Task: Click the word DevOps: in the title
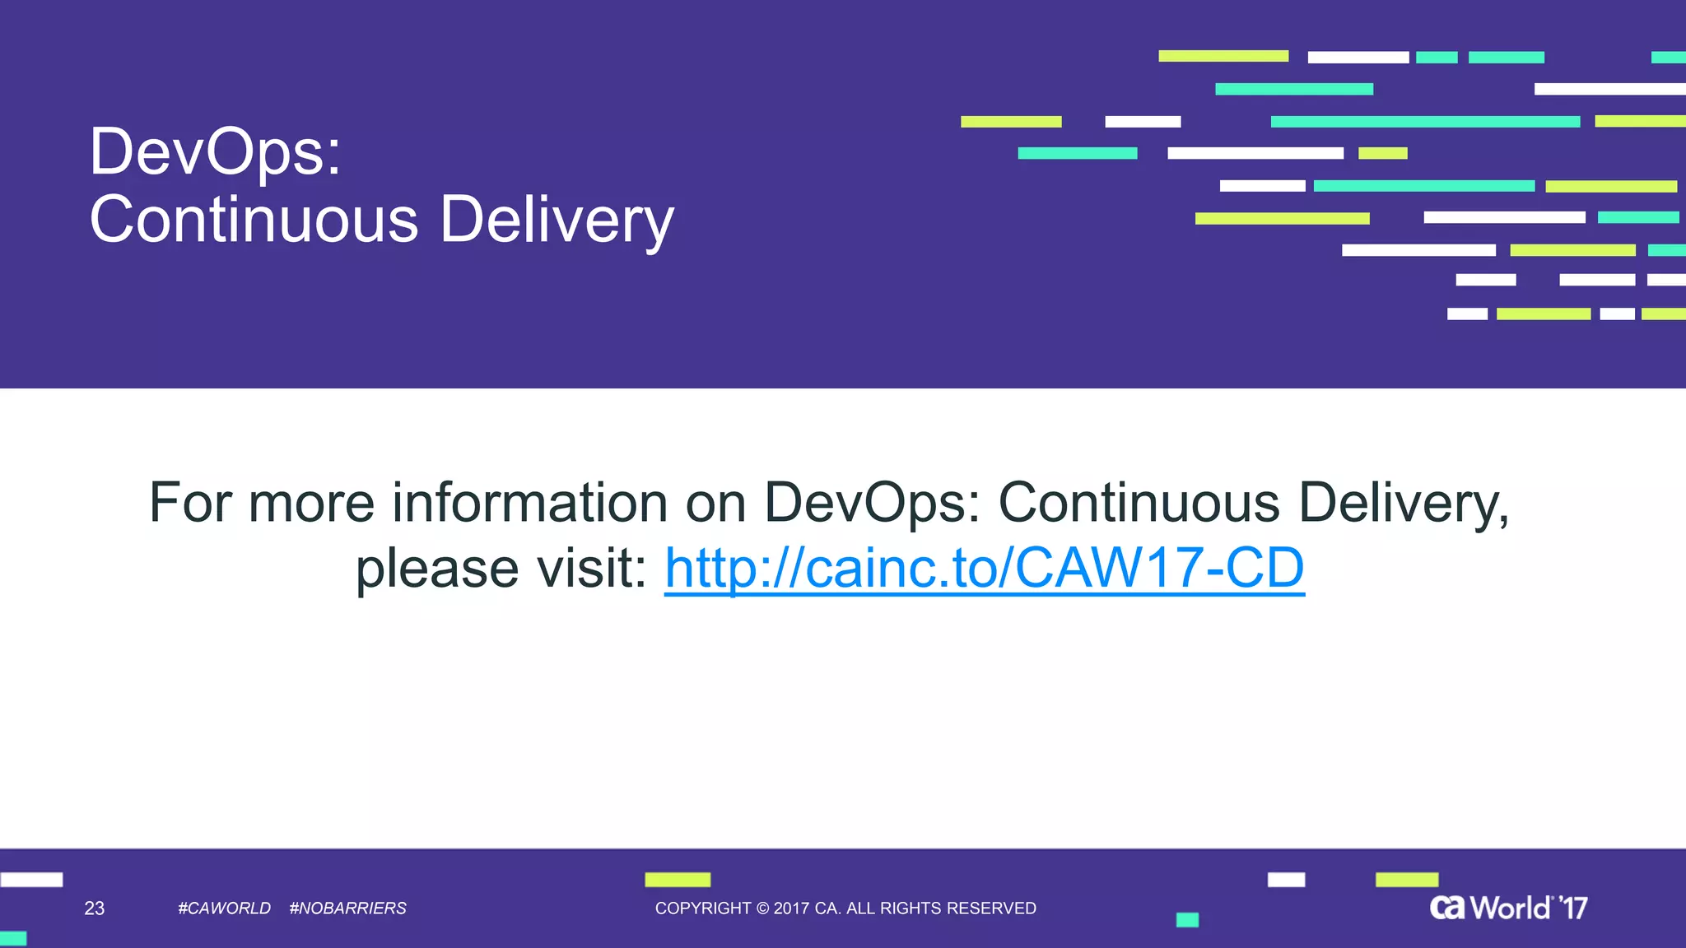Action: [215, 152]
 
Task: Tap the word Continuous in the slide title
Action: [254, 220]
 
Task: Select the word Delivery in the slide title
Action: [557, 221]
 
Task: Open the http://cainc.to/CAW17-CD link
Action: [984, 569]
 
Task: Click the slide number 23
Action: [95, 908]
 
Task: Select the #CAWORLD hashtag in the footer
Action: [224, 908]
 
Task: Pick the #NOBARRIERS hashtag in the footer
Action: [347, 908]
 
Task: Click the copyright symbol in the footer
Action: [762, 908]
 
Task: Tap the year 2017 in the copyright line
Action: [791, 908]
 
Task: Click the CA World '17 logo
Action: [1508, 908]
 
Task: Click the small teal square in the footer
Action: [1187, 920]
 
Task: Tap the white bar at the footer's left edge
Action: [31, 880]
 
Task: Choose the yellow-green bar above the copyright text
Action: [678, 880]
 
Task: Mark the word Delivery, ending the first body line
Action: [1404, 504]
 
